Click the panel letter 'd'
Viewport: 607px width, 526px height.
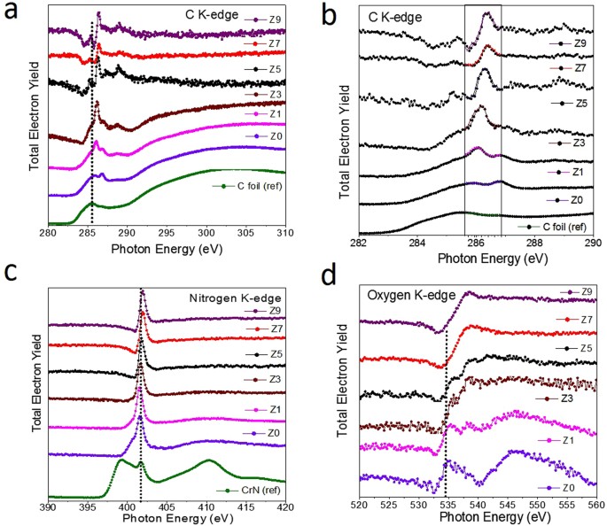point(326,277)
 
